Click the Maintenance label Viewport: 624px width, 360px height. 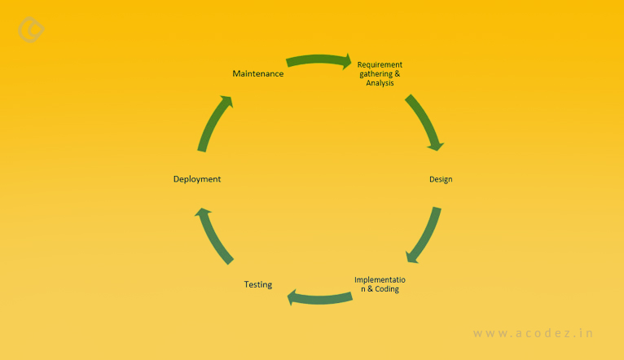coord(257,74)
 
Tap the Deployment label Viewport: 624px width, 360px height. coord(196,179)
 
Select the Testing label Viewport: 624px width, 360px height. coord(257,284)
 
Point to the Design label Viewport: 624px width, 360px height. coord(441,179)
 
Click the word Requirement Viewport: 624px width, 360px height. coord(380,64)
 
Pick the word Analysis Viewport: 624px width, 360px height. coord(380,84)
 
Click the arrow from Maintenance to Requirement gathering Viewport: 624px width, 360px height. coord(318,59)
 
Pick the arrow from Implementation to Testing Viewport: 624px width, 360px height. coord(319,298)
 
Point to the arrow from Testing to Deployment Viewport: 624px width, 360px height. coord(214,235)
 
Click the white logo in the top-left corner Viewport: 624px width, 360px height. coord(31,30)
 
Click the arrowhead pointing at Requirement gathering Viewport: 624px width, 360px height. coord(345,60)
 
